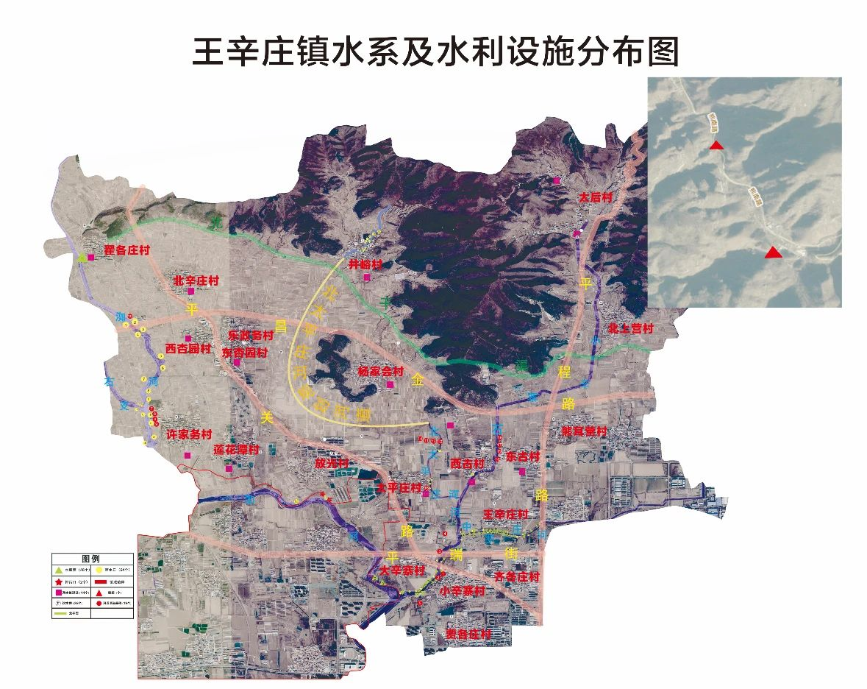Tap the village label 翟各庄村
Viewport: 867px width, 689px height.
[126, 251]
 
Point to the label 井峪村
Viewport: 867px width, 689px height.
[365, 264]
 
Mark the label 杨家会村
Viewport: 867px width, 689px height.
[380, 371]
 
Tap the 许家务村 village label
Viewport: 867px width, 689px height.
[189, 435]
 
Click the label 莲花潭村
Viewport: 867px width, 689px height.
[236, 449]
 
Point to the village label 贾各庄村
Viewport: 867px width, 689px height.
[468, 634]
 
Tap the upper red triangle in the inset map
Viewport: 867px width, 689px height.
[716, 146]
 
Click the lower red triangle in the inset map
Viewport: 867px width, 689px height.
[772, 252]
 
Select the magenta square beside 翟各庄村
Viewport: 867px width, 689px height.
[91, 258]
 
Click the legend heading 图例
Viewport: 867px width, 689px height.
[92, 559]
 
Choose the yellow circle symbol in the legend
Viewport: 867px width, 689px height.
[99, 570]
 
